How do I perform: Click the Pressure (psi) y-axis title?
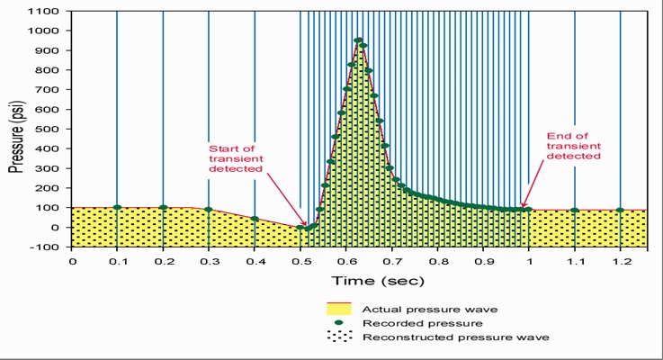[16, 130]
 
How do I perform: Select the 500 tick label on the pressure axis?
[50, 129]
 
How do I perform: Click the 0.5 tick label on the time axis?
[300, 261]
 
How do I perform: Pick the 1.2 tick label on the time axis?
[620, 261]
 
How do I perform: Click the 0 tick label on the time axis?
[72, 261]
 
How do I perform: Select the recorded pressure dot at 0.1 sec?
[117, 207]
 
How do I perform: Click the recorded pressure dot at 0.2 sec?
[163, 207]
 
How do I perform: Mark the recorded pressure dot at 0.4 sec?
[255, 219]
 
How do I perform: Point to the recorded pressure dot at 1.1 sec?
[575, 211]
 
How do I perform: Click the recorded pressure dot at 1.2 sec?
[620, 211]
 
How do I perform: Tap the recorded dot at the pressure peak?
[358, 40]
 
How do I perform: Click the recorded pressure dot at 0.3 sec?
[209, 210]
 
